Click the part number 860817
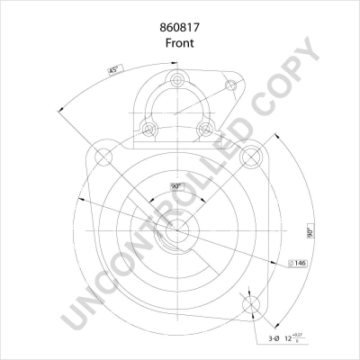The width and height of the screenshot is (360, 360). point(180,27)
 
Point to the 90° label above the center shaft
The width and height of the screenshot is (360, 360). point(176,186)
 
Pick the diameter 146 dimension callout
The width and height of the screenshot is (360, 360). point(299,264)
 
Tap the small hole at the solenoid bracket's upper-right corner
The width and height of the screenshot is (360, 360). point(231,85)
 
